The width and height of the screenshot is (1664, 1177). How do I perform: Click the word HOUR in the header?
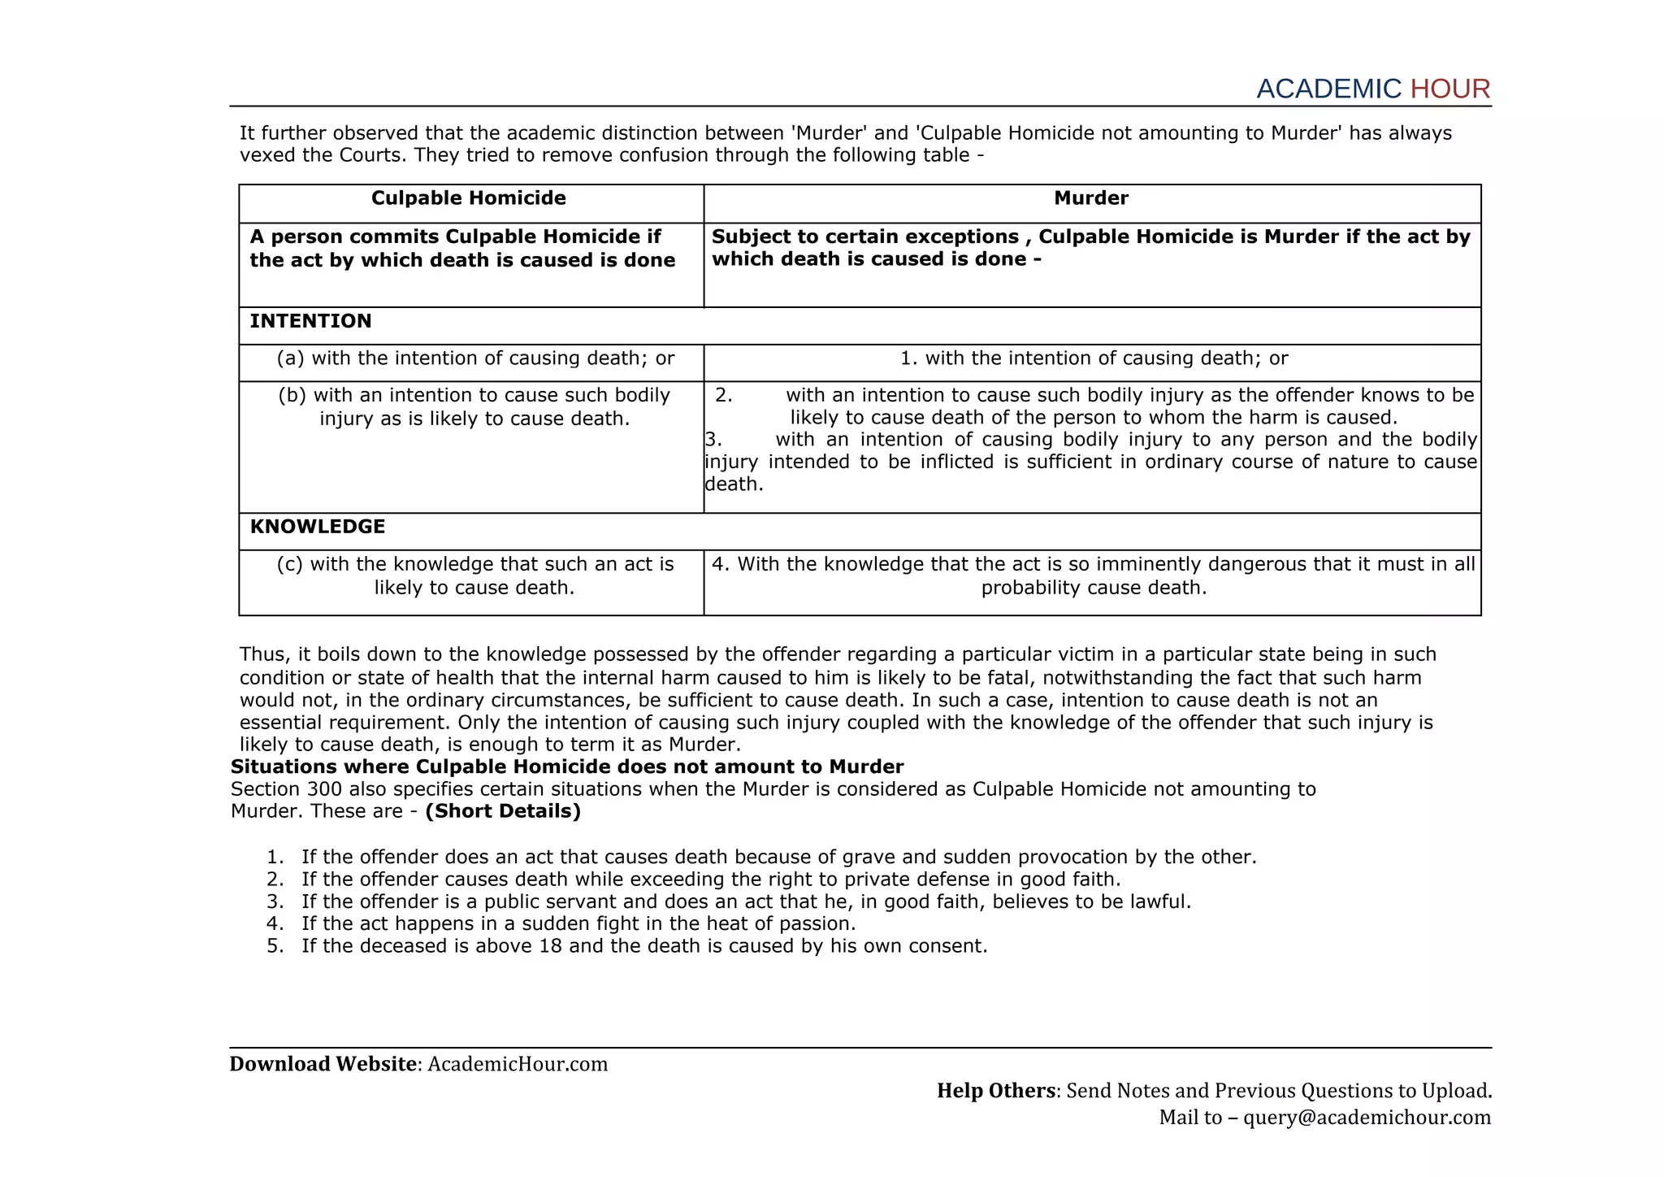(1449, 89)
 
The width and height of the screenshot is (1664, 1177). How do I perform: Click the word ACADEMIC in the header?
(1328, 89)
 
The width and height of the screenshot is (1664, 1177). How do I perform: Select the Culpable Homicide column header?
(469, 198)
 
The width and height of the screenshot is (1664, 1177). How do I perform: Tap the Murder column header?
(1090, 198)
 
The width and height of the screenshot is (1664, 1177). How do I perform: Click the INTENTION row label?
(310, 321)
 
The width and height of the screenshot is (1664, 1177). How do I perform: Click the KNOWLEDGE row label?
(318, 527)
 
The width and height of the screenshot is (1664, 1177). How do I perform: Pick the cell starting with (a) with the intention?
(475, 358)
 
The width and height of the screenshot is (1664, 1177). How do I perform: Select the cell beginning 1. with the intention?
(1094, 358)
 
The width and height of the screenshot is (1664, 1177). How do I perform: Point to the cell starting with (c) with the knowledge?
(475, 575)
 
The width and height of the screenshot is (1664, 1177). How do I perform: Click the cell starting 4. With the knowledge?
(1094, 575)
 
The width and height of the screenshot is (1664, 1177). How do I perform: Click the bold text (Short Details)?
(503, 811)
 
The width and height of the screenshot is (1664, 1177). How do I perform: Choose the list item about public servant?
(745, 901)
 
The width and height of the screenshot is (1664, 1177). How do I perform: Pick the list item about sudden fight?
(578, 923)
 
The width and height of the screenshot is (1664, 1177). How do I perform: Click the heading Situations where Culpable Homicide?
(567, 767)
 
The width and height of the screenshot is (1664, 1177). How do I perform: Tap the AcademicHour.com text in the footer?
(518, 1064)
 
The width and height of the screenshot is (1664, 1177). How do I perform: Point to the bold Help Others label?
(995, 1091)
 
